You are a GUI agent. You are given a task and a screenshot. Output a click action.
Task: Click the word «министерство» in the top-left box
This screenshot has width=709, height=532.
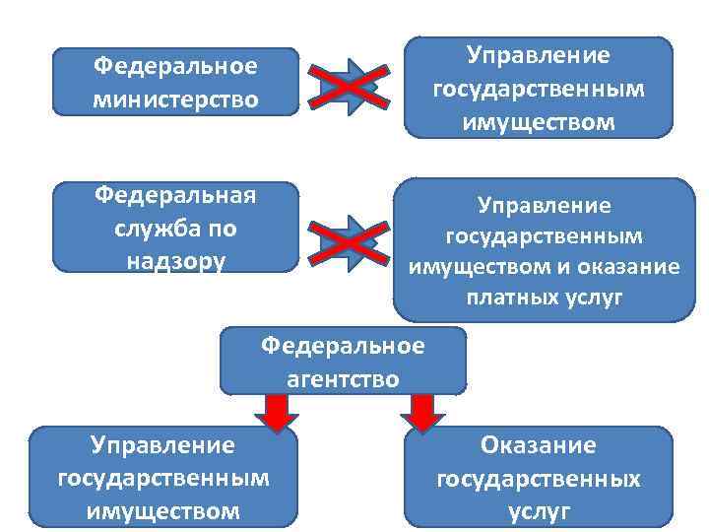pyautogui.click(x=175, y=99)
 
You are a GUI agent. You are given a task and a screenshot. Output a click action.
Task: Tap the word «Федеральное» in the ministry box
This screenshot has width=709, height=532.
pyautogui.click(x=175, y=67)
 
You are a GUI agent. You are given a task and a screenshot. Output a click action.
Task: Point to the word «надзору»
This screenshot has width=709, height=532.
pyautogui.click(x=176, y=261)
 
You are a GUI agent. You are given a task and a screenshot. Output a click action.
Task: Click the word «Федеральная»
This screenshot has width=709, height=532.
pyautogui.click(x=175, y=194)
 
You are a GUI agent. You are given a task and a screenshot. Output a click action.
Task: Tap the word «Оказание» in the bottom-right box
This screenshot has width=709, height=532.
pyautogui.click(x=539, y=445)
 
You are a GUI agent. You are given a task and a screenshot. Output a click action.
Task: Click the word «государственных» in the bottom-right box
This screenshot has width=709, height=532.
pyautogui.click(x=539, y=479)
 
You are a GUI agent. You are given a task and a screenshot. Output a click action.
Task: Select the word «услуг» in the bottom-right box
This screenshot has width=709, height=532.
pyautogui.click(x=539, y=512)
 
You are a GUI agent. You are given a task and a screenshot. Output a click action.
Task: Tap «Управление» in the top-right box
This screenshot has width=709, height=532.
pyautogui.click(x=539, y=56)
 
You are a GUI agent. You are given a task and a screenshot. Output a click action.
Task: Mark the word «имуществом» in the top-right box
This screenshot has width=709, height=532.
pyautogui.click(x=539, y=122)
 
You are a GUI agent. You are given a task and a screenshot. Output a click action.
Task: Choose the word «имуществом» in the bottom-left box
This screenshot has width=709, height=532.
pyautogui.click(x=163, y=512)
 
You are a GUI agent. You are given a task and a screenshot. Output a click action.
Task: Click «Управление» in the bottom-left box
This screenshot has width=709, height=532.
pyautogui.click(x=163, y=445)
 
